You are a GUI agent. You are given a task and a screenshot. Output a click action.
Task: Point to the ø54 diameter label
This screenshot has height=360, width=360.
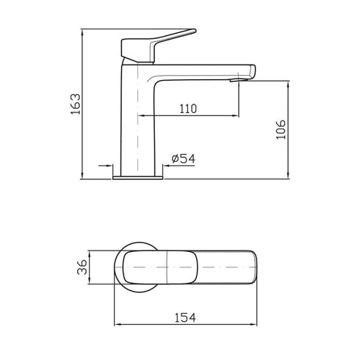click(181, 159)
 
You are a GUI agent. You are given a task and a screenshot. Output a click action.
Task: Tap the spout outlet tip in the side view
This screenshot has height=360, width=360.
click(236, 81)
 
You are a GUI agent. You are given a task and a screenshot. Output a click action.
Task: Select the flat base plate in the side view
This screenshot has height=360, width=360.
click(138, 176)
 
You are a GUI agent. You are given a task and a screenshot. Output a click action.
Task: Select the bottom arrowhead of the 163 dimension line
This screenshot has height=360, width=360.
click(81, 175)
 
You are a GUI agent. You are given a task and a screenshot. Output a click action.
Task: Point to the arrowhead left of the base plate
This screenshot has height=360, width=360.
click(109, 167)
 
